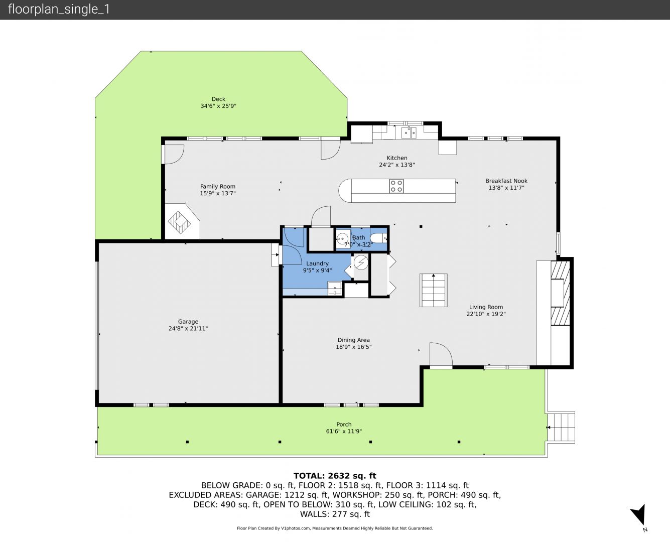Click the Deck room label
coord(218,99)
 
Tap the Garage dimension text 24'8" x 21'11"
coord(188,328)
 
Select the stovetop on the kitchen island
coord(396,186)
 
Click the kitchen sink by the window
coord(409,133)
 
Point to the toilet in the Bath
coord(378,238)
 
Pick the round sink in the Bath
coord(342,239)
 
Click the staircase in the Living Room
coord(434,290)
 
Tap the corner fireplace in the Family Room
coord(182,221)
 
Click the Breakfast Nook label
coord(506,181)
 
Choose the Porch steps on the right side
coord(561,428)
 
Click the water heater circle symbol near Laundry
coord(361,262)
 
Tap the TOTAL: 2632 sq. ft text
coord(335,476)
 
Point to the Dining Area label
coord(353,340)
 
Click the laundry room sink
coord(335,289)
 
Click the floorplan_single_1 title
coord(59,10)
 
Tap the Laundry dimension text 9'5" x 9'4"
coord(317,270)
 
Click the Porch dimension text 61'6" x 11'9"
coord(344,431)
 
